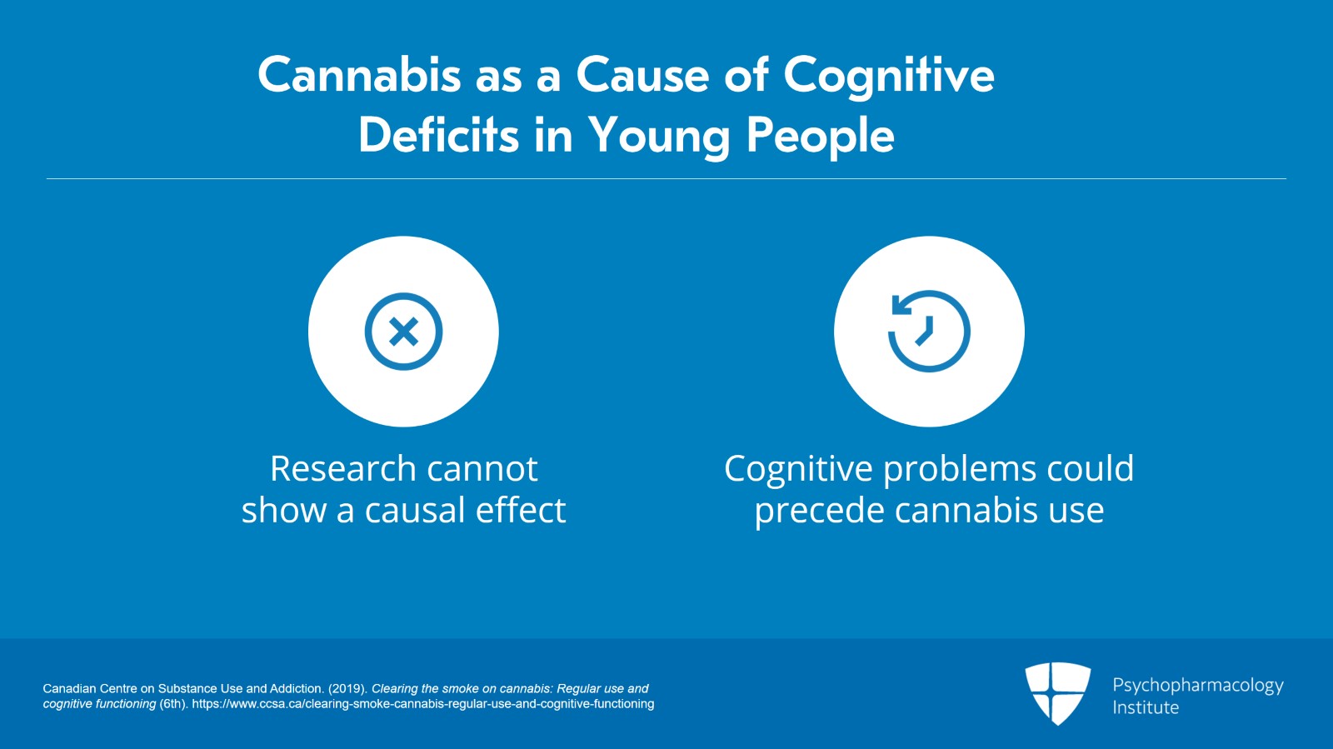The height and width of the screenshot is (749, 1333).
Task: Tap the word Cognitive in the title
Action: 889,78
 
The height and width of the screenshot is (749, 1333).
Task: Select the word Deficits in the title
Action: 439,134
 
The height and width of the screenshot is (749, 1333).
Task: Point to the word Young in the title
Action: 660,137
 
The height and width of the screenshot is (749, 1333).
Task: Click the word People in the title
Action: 821,137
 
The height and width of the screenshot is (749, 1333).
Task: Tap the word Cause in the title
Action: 642,75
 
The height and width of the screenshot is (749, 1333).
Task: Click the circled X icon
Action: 403,332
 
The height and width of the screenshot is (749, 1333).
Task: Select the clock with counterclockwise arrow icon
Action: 929,331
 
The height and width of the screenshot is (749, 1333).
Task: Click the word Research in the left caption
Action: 343,468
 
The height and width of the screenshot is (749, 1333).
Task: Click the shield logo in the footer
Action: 1057,693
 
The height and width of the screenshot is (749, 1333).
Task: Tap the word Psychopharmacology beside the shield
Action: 1198,687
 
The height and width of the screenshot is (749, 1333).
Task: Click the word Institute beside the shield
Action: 1146,707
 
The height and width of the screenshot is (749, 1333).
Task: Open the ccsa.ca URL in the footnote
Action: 422,704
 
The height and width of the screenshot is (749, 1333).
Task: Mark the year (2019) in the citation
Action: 347,689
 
